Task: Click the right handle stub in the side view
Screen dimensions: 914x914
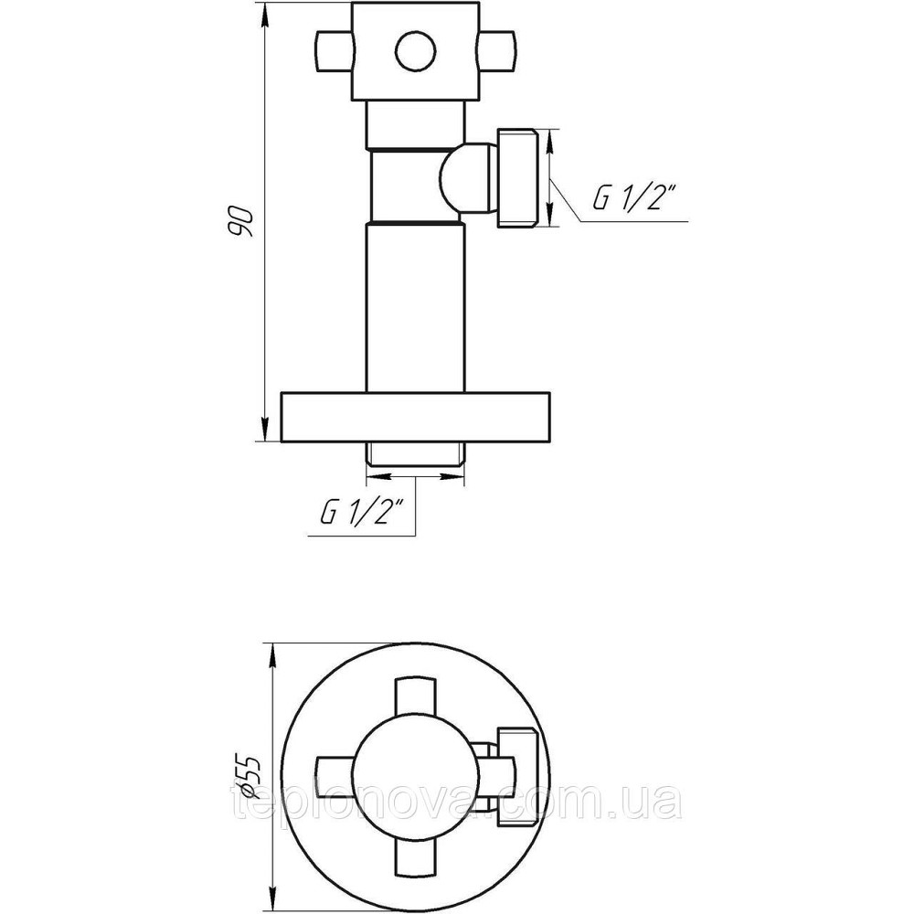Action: [496, 52]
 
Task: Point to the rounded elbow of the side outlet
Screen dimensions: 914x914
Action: [466, 178]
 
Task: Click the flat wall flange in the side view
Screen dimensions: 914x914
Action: [416, 417]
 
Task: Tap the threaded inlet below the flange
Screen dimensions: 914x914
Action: [416, 453]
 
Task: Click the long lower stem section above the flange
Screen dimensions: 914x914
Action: [416, 308]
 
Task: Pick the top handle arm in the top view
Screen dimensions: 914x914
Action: [416, 702]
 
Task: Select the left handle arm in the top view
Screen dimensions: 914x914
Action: [336, 777]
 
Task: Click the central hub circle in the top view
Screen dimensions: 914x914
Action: [416, 777]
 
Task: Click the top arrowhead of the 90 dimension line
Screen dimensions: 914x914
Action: [265, 15]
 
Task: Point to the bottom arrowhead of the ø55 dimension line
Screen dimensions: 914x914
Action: [271, 898]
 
